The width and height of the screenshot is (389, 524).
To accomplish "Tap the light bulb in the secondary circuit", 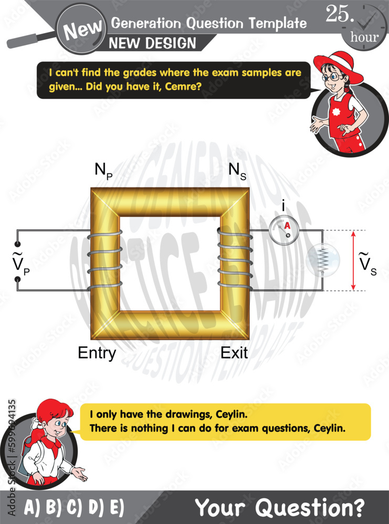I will tap(323, 260).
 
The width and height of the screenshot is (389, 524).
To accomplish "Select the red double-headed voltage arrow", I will tap(353, 260).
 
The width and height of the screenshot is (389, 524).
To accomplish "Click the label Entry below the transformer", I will tap(97, 353).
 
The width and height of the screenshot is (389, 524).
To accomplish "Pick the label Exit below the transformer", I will tap(234, 353).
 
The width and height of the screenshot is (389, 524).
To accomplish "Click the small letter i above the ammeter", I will tap(283, 207).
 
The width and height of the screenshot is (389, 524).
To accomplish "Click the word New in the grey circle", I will tap(79, 31).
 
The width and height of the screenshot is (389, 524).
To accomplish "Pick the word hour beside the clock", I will tap(364, 37).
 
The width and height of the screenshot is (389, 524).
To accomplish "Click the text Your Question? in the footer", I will tap(279, 507).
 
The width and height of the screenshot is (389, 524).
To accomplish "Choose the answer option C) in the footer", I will tap(74, 508).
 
